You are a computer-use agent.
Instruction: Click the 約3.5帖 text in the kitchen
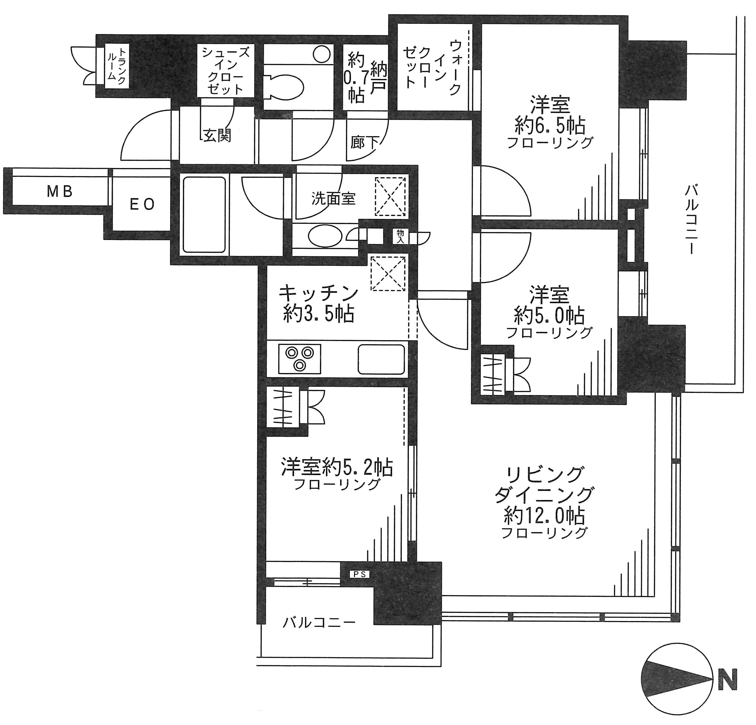tap(318, 314)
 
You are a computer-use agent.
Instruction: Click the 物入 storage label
tap(400, 236)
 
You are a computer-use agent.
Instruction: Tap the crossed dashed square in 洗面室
tap(390, 196)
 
